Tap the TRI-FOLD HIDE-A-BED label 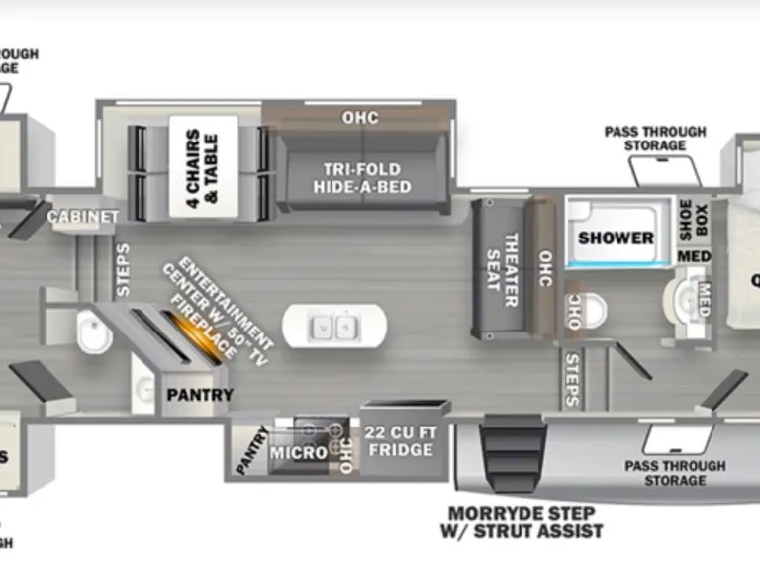[x=361, y=177]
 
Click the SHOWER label [x=616, y=237]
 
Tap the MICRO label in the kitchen [x=299, y=452]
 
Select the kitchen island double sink [x=333, y=325]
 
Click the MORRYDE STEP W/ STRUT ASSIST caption [x=522, y=522]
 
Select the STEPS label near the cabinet [x=123, y=269]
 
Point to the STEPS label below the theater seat [x=571, y=378]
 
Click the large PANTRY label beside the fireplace [x=199, y=395]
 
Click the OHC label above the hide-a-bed [x=360, y=118]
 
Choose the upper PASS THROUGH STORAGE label [x=655, y=139]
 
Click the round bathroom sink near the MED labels [x=682, y=298]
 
